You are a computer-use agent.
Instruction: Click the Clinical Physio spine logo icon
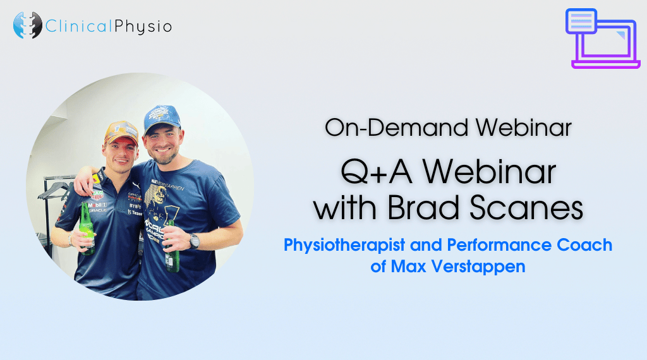pos(28,25)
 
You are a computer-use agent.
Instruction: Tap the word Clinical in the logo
pos(78,27)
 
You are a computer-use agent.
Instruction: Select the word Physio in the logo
pos(143,27)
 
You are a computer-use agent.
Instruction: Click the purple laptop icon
pos(602,39)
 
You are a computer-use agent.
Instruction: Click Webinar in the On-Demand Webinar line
pos(523,127)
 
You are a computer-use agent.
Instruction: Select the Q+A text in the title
pos(377,172)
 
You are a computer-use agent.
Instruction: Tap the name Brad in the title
pos(423,207)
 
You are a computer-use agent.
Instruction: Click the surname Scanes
pos(526,207)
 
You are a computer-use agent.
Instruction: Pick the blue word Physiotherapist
pos(344,245)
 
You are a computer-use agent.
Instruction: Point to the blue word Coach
pos(584,245)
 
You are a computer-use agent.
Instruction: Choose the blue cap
pos(162,119)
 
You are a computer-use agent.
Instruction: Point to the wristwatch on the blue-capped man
pos(194,241)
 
